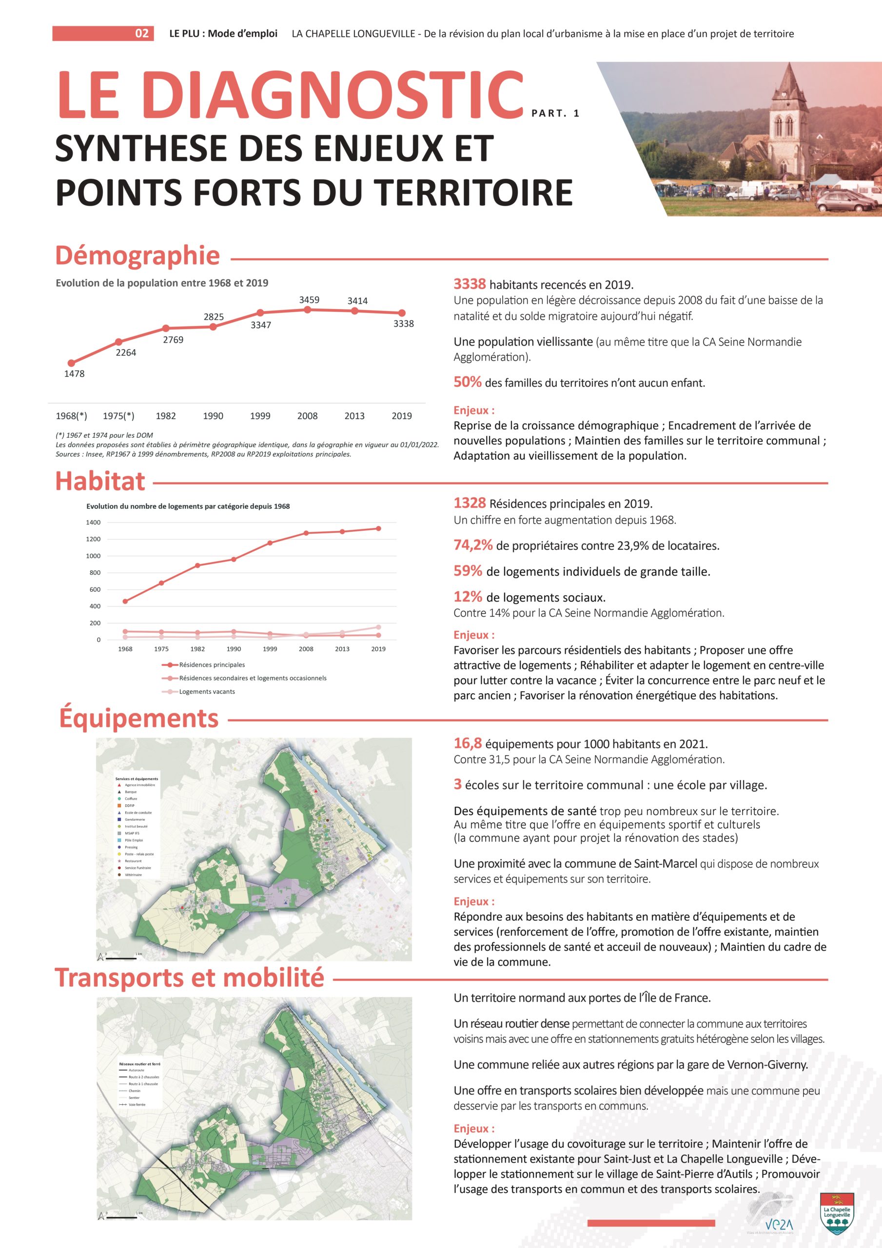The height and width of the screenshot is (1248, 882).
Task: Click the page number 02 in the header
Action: (141, 34)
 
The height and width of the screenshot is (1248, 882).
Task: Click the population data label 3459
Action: (309, 299)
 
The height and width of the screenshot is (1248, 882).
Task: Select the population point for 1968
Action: (71, 363)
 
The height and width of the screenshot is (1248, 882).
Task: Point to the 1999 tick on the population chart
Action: (260, 416)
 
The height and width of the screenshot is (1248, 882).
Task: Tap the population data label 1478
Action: (75, 374)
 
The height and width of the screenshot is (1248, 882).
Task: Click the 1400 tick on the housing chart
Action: (93, 522)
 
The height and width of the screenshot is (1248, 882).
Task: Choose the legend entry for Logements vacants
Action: (207, 692)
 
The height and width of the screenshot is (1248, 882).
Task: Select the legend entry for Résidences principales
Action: (212, 665)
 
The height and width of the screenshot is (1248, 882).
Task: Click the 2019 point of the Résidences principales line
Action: (378, 528)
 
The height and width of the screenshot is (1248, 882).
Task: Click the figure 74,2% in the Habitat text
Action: (473, 545)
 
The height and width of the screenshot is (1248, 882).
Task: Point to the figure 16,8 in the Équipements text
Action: (468, 743)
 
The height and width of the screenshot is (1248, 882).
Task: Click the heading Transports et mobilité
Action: (189, 978)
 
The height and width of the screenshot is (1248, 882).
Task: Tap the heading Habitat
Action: (100, 481)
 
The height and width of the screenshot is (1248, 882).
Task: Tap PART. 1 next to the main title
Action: (555, 113)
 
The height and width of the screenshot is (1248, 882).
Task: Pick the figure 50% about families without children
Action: (468, 382)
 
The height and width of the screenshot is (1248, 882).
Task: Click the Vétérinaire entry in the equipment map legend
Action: (133, 875)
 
